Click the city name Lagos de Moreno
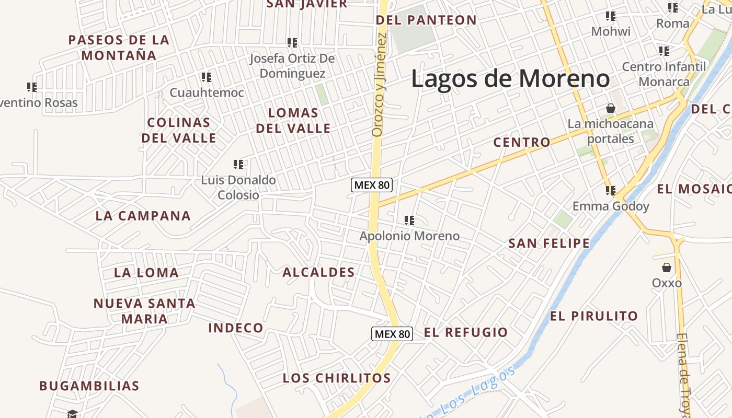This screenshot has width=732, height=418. coord(510,79)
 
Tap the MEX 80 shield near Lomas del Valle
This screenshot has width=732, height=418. coord(372,185)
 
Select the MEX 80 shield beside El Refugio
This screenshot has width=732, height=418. coord(392,334)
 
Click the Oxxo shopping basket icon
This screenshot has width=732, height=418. coord(667,268)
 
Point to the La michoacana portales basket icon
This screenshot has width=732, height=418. coord(610,108)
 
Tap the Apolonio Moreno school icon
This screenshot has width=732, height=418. coord(409,220)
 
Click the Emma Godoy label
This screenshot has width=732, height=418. coord(611,206)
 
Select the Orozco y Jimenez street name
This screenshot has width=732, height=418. coord(379,85)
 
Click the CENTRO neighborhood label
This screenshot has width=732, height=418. coord(522,142)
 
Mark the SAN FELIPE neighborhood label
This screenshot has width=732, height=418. coord(549,243)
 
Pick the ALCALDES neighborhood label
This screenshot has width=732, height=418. coord(318,272)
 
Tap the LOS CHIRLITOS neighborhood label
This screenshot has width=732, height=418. coord(337,378)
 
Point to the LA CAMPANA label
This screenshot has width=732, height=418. coord(143,216)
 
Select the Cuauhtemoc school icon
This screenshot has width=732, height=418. coord(207,77)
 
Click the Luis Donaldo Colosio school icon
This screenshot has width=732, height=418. coord(239,165)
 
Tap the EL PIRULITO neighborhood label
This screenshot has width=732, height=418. coord(594,316)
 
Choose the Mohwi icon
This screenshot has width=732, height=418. coord(610,16)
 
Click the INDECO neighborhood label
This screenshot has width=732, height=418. coord(236,328)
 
